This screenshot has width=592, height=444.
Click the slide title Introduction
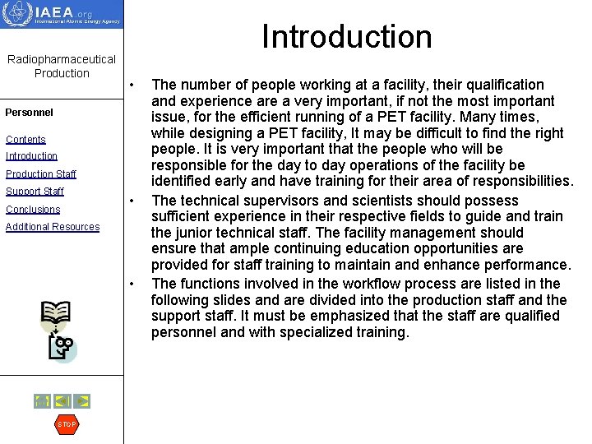(x=346, y=37)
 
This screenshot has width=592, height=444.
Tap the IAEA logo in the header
(x=62, y=14)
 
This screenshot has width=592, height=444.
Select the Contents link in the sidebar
(x=25, y=140)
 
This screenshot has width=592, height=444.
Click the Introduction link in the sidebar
(x=31, y=156)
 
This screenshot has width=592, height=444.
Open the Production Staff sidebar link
(x=40, y=174)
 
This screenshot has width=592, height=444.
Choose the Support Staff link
(x=35, y=192)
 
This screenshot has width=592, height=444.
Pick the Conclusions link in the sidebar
(x=33, y=210)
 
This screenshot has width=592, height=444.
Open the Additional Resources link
(x=53, y=227)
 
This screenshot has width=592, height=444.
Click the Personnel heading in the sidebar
(x=29, y=113)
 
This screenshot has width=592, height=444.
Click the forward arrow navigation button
(x=81, y=401)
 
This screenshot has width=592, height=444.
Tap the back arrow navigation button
(x=62, y=401)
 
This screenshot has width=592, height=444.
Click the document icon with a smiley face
(x=62, y=349)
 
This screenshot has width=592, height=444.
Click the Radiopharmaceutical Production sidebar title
(x=62, y=67)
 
